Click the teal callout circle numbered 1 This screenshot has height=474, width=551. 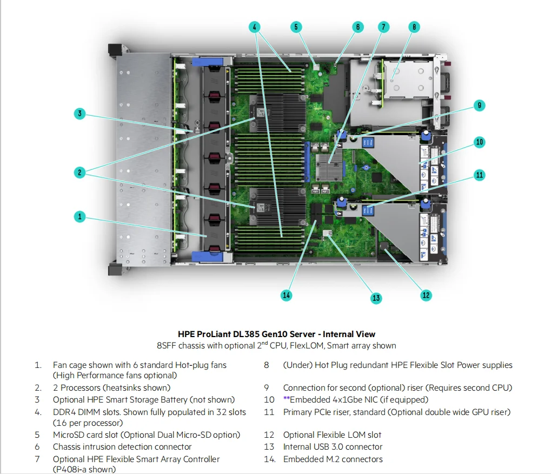tap(79, 216)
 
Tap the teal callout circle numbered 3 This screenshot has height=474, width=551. tap(79, 113)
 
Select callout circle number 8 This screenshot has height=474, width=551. tap(414, 27)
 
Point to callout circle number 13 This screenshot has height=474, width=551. tap(376, 298)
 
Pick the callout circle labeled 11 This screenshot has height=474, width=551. tap(480, 175)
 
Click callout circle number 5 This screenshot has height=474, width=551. tap(296, 27)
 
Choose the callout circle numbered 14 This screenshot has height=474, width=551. tap(286, 295)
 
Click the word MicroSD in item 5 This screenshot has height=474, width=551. tap(68, 435)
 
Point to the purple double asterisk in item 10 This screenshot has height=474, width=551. tap(287, 400)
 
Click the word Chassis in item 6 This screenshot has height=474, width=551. tap(68, 447)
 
